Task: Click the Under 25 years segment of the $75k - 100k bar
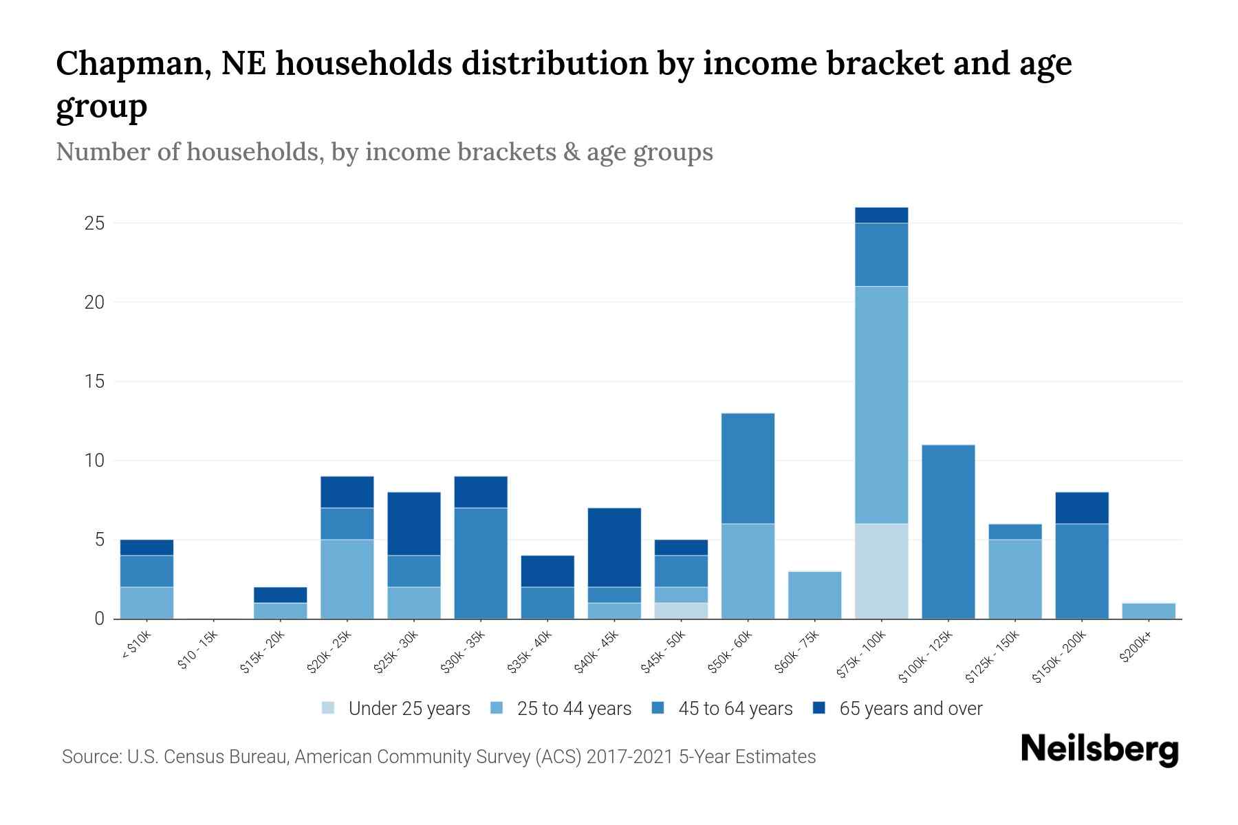[x=881, y=571]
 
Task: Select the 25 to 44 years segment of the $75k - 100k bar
[x=881, y=404]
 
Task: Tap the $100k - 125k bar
[x=948, y=531]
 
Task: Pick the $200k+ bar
[x=1149, y=610]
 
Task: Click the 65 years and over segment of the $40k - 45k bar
[x=614, y=547]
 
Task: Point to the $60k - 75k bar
[x=814, y=595]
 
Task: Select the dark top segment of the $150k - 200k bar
[x=1082, y=507]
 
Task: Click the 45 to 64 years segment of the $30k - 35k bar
[x=481, y=562]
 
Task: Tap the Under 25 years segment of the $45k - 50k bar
[x=681, y=610]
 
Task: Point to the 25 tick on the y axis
[x=94, y=223]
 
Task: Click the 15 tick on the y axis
[x=94, y=382]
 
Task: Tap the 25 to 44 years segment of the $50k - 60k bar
[x=748, y=571]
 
